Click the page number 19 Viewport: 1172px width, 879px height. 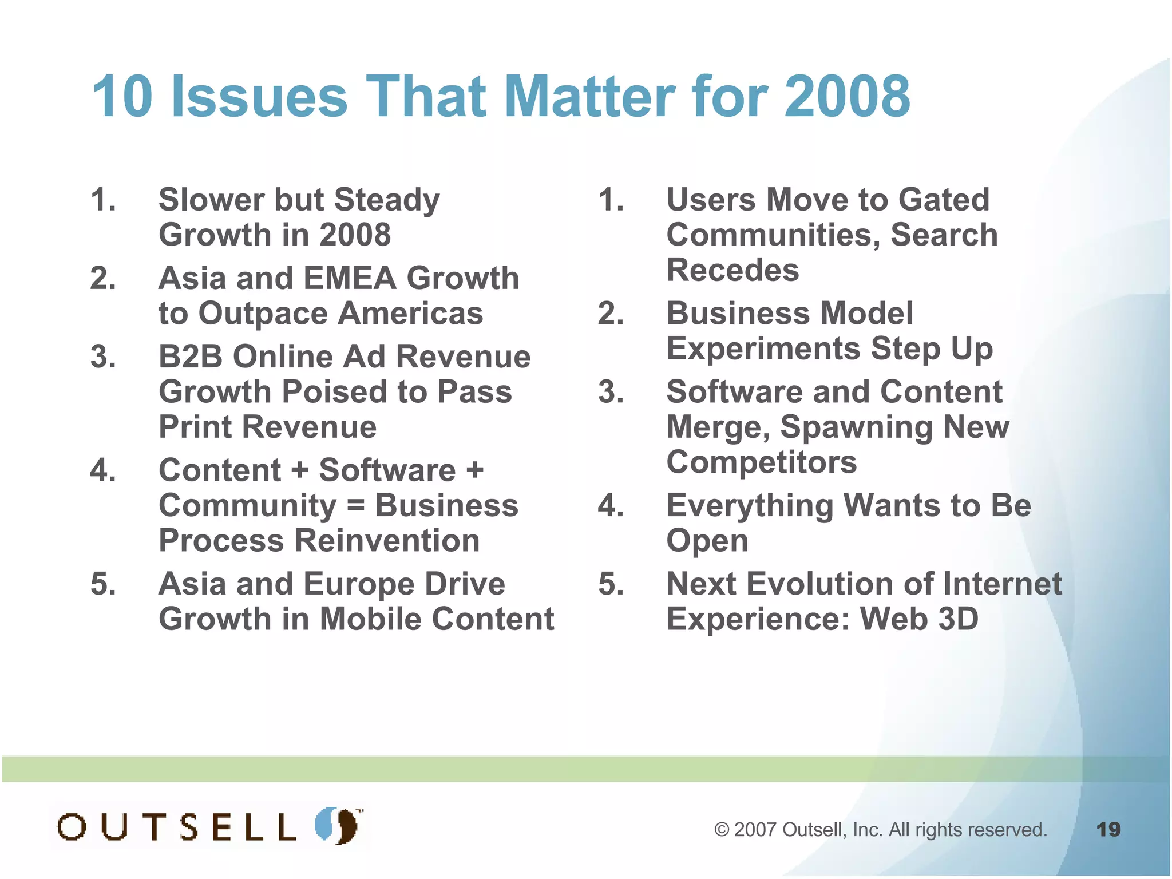click(x=1108, y=829)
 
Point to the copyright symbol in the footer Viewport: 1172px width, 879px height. click(x=722, y=830)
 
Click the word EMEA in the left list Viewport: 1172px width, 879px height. click(x=349, y=278)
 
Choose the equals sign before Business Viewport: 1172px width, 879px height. click(x=355, y=506)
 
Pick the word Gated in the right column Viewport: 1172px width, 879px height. click(x=944, y=200)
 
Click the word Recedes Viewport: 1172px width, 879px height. click(x=732, y=270)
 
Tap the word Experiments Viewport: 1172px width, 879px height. click(x=763, y=349)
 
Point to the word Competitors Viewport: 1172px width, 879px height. click(x=762, y=462)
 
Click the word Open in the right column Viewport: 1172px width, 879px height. click(x=707, y=541)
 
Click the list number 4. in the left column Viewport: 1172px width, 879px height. click(x=103, y=470)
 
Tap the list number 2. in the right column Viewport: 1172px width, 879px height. click(x=611, y=314)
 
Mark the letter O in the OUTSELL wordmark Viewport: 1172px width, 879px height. click(x=72, y=827)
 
